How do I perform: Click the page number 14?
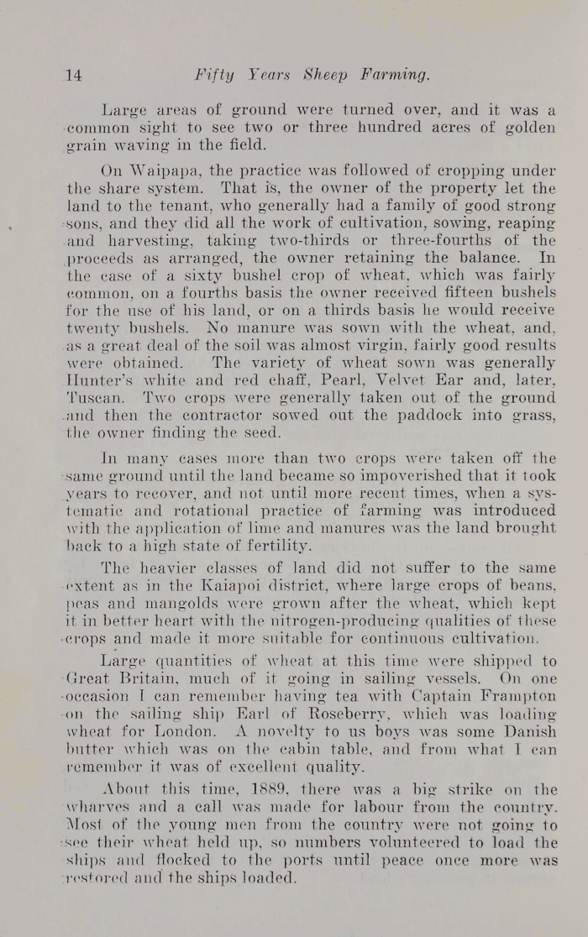tap(74, 76)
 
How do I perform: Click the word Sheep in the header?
tap(315, 76)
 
